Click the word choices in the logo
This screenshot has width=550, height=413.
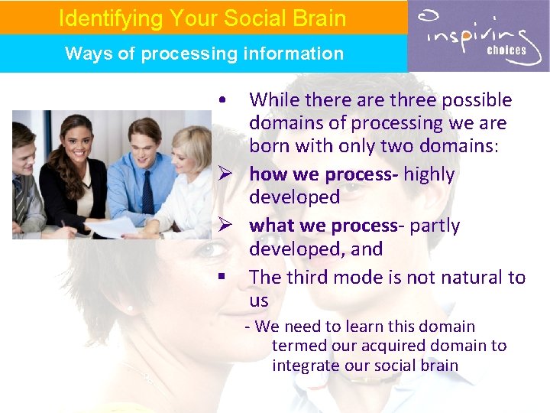507,50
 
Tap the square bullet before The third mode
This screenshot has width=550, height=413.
220,278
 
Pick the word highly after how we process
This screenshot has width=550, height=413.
429,174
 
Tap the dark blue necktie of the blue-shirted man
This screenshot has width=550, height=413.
147,191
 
